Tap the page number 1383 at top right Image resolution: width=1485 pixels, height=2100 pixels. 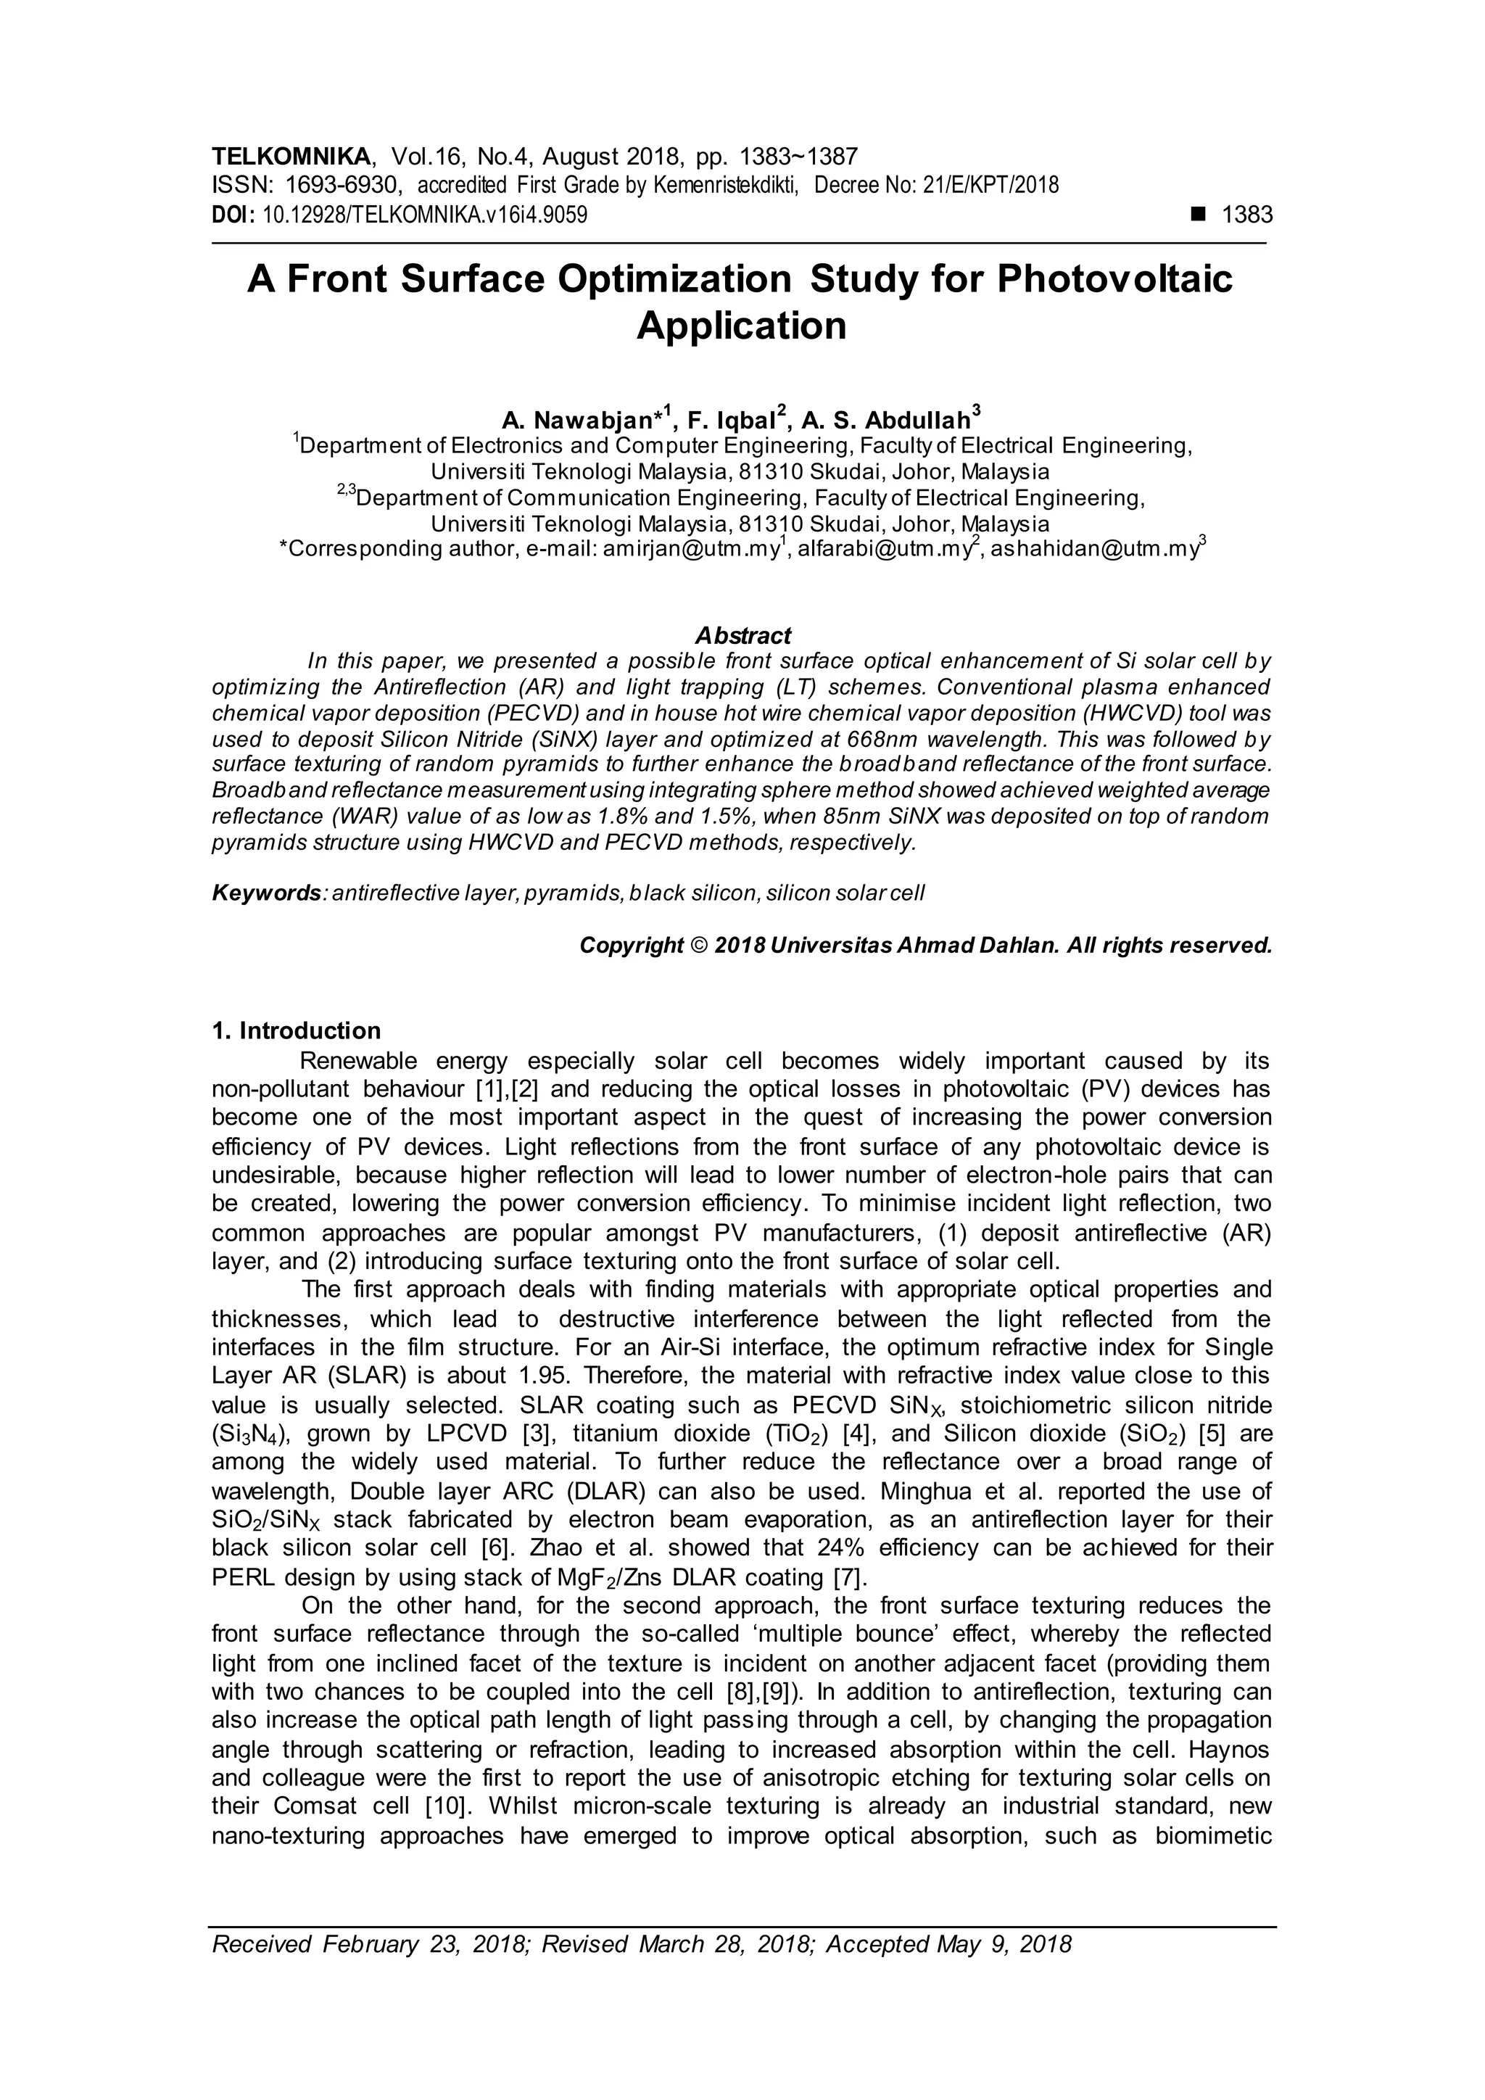click(1246, 215)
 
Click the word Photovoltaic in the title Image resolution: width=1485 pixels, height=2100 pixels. click(1114, 279)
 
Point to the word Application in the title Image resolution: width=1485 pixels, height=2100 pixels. click(742, 326)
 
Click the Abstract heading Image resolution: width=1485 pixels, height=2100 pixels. click(742, 634)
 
